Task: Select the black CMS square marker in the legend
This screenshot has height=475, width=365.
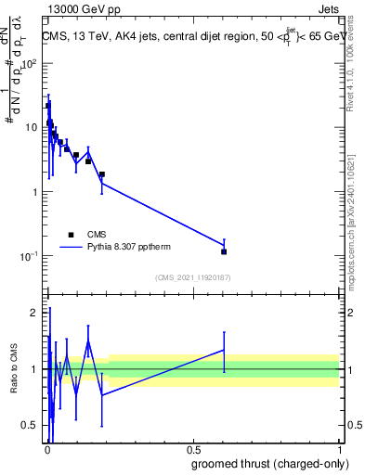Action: [x=71, y=235]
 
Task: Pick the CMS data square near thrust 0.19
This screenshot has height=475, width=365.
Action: [x=102, y=174]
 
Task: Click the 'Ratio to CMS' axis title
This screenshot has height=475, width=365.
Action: [x=15, y=369]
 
